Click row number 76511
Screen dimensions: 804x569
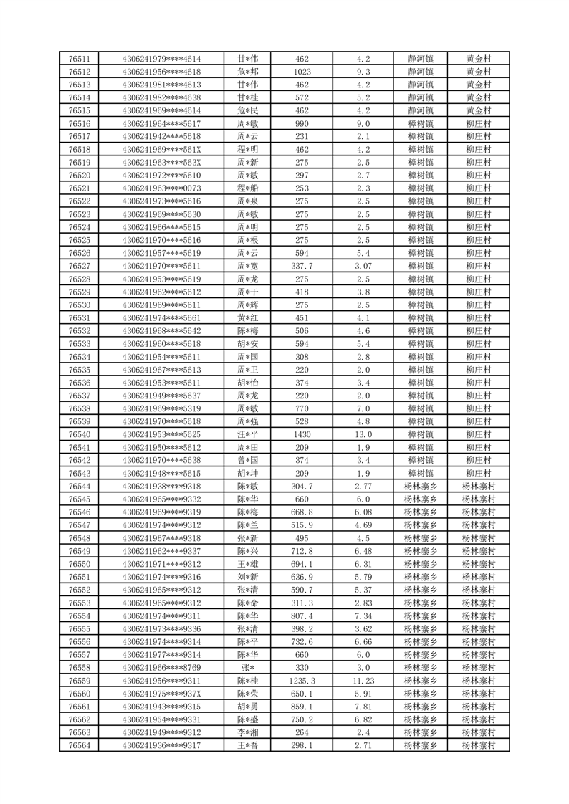click(x=79, y=59)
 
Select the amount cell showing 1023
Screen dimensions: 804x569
click(x=302, y=72)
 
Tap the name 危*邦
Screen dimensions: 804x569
click(x=247, y=72)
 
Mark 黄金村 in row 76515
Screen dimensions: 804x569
click(x=478, y=110)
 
